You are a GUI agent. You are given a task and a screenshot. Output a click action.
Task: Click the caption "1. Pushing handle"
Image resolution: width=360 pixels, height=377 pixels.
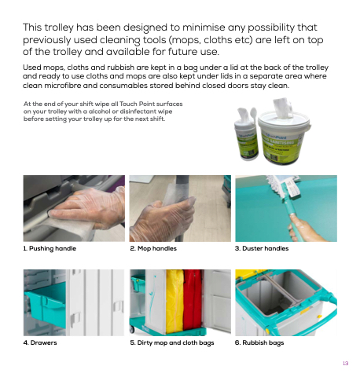coord(50,248)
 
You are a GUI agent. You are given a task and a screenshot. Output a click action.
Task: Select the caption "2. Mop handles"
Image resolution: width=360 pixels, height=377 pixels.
coord(153,248)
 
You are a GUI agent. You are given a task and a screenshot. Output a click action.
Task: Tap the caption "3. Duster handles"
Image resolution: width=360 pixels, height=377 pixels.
coord(262,248)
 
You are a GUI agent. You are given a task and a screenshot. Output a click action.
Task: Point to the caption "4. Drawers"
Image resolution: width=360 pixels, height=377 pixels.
coord(40,342)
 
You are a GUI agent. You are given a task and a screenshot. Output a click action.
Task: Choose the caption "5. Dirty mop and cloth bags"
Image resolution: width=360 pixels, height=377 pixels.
coord(172,342)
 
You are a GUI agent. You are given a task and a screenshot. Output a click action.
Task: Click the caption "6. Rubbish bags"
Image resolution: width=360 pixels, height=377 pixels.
coord(259,342)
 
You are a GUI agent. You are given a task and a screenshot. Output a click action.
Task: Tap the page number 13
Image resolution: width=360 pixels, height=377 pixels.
coord(346,364)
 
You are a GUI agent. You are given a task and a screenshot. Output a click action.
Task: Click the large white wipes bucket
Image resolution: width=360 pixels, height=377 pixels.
coord(284,139)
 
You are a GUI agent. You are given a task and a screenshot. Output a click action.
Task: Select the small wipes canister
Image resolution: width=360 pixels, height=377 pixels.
coord(246,140)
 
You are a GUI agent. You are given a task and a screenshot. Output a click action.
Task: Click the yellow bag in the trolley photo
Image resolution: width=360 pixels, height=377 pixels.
coord(174,301)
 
